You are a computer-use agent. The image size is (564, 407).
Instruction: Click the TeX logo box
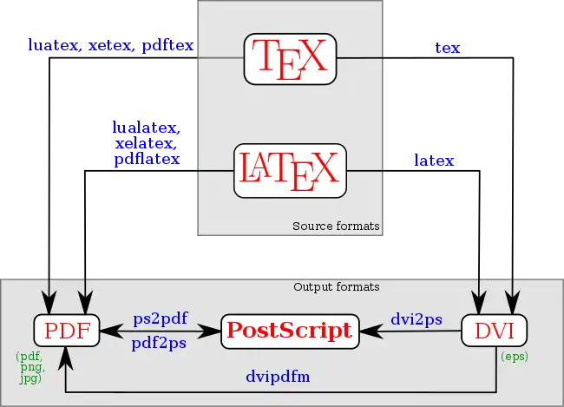click(x=290, y=58)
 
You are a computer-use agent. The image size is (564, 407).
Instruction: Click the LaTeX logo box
click(x=290, y=170)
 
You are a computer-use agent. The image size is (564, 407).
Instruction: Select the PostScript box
click(x=290, y=331)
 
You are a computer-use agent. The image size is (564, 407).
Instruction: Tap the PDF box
click(x=67, y=331)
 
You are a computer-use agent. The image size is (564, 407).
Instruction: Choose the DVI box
click(x=494, y=331)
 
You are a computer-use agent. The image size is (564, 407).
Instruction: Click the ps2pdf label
click(x=161, y=319)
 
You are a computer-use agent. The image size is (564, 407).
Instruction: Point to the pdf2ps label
click(x=161, y=343)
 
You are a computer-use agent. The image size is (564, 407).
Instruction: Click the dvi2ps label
click(x=416, y=319)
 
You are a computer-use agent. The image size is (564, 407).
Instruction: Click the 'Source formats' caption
click(x=336, y=226)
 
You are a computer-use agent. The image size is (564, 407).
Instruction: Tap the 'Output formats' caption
click(x=336, y=287)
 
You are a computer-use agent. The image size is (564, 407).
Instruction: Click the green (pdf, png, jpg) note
click(x=31, y=367)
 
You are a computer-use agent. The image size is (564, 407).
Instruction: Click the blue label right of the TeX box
click(x=446, y=48)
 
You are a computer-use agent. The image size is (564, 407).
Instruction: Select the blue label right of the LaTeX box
click(x=434, y=161)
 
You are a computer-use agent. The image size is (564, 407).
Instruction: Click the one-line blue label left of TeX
click(x=110, y=44)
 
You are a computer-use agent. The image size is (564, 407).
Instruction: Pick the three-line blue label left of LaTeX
click(x=146, y=143)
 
